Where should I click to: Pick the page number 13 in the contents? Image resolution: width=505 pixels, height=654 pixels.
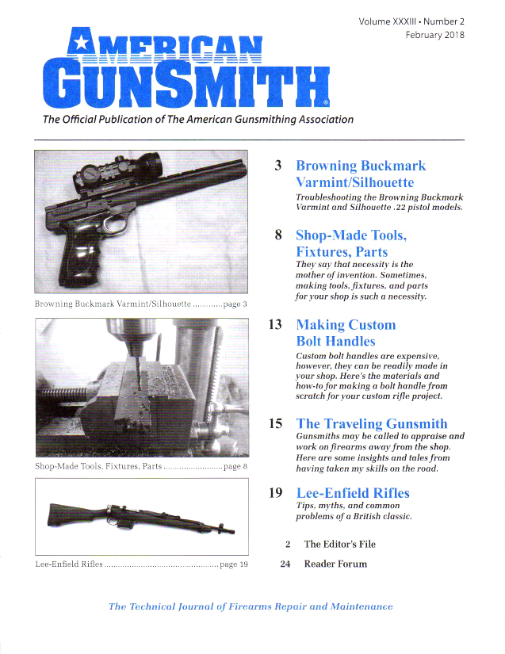point(276,325)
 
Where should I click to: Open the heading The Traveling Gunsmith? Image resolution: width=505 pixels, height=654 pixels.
point(371,424)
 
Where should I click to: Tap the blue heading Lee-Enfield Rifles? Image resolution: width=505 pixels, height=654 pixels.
point(352,493)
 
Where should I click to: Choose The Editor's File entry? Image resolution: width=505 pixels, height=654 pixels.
point(339,545)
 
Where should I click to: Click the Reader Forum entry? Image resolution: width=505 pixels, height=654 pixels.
point(335,564)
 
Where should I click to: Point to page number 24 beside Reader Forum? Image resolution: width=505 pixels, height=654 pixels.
point(286,564)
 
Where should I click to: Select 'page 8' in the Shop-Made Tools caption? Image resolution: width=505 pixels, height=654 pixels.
point(235,467)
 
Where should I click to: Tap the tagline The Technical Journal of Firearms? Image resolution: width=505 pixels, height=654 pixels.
point(250,606)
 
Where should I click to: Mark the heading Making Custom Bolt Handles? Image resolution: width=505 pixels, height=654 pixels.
point(345,333)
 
